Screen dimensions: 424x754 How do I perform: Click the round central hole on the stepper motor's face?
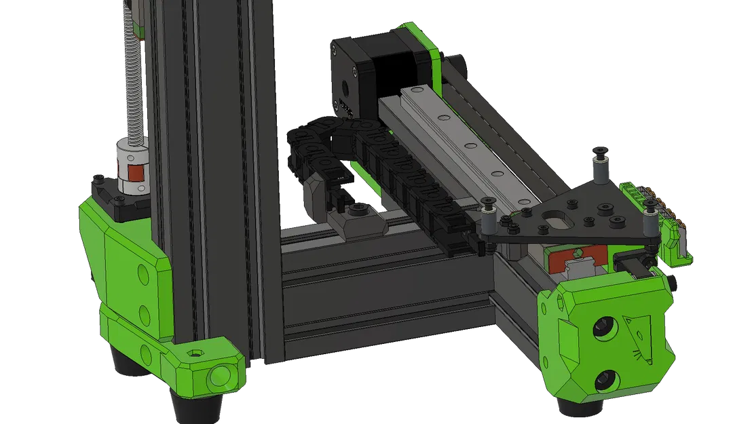tap(343, 86)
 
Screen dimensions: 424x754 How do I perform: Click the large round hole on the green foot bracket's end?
tap(220, 376)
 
